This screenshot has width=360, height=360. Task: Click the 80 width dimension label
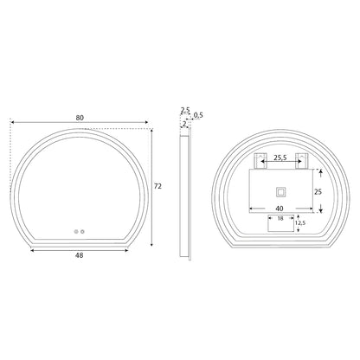(80, 118)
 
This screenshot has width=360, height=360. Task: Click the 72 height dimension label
(157, 186)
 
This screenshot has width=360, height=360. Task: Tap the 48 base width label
(79, 255)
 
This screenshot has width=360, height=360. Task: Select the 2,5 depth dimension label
(185, 110)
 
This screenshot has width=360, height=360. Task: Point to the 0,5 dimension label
(198, 115)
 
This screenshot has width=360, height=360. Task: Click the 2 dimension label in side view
(184, 124)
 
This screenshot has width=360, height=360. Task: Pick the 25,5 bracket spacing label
(280, 157)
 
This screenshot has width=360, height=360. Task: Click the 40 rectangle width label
(280, 209)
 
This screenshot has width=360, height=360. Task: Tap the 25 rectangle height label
(318, 192)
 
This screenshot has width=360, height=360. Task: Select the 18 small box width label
(280, 218)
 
